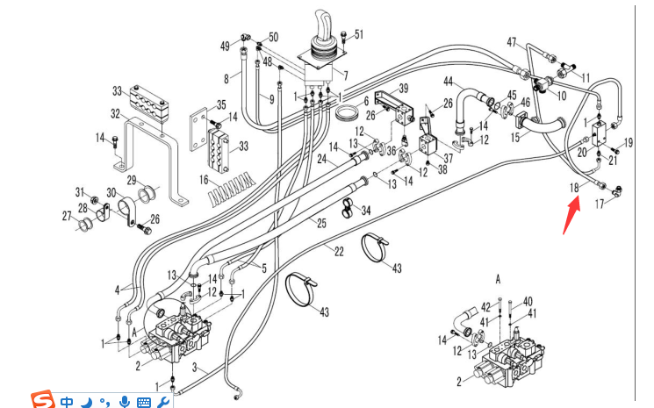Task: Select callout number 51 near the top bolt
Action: (358, 35)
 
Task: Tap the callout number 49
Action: (225, 46)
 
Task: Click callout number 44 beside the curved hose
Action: (447, 82)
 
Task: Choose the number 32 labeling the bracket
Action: (115, 113)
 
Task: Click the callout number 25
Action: (322, 225)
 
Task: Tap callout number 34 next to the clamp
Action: (366, 210)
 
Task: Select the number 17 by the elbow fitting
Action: (600, 204)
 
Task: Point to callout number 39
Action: (404, 89)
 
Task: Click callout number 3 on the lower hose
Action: (195, 368)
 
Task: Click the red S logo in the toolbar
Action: (42, 399)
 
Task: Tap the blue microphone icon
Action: (125, 400)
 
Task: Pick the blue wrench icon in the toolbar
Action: (163, 400)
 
